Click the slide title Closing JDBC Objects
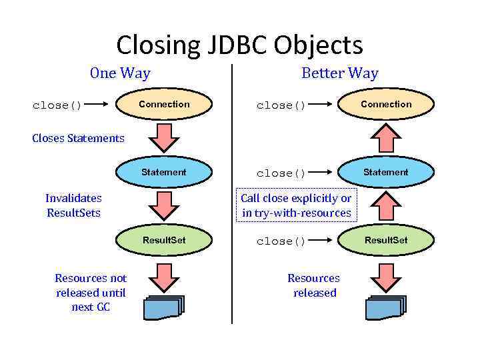239,45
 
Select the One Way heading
120,73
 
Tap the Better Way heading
339,73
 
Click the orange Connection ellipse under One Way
164,104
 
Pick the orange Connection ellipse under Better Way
386,104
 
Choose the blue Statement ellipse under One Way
164,172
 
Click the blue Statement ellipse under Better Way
385,172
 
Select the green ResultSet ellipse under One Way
164,240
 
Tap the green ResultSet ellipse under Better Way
385,240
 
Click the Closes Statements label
78,139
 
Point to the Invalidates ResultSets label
73,205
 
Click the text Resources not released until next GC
91,292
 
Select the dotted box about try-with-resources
296,205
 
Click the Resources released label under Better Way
313,285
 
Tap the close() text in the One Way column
57,105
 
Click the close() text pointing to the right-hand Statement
281,173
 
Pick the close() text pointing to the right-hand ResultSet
281,241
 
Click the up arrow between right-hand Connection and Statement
385,138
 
